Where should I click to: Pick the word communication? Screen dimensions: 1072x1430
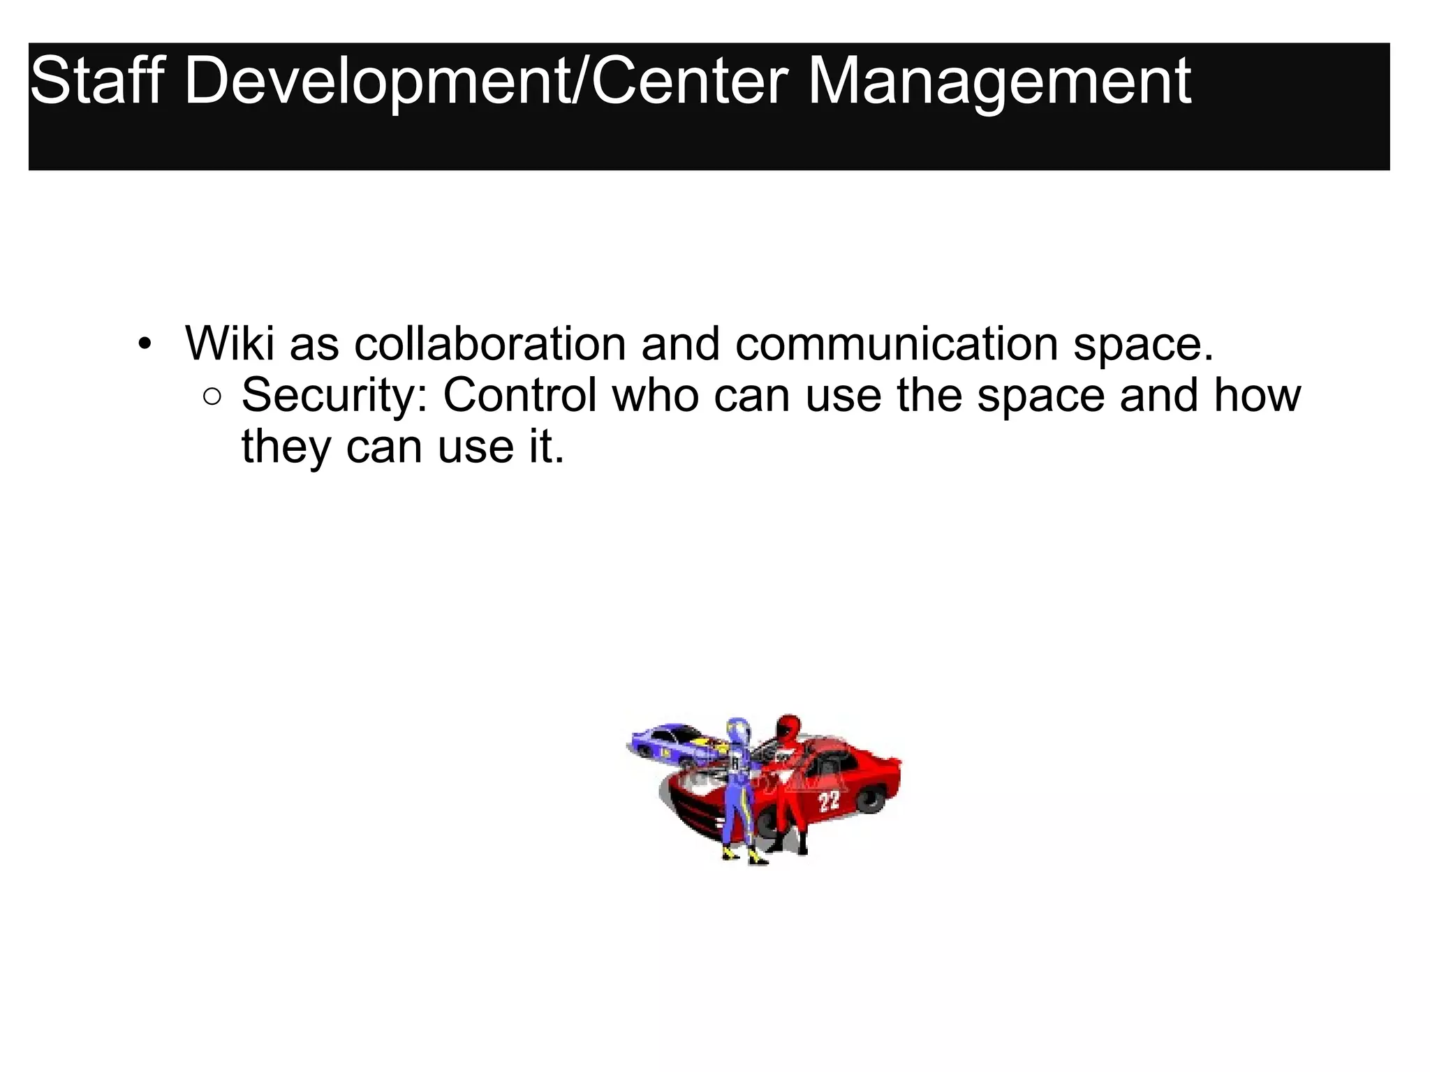(x=897, y=343)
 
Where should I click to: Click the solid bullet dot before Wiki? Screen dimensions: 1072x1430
(x=145, y=343)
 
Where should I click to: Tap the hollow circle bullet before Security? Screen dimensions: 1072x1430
(x=212, y=397)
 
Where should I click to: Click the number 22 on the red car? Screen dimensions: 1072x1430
(x=829, y=801)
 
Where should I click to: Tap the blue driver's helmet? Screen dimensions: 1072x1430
(x=739, y=731)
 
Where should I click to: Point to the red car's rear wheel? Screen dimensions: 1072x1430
(x=870, y=799)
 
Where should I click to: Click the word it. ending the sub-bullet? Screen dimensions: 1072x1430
(x=547, y=447)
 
